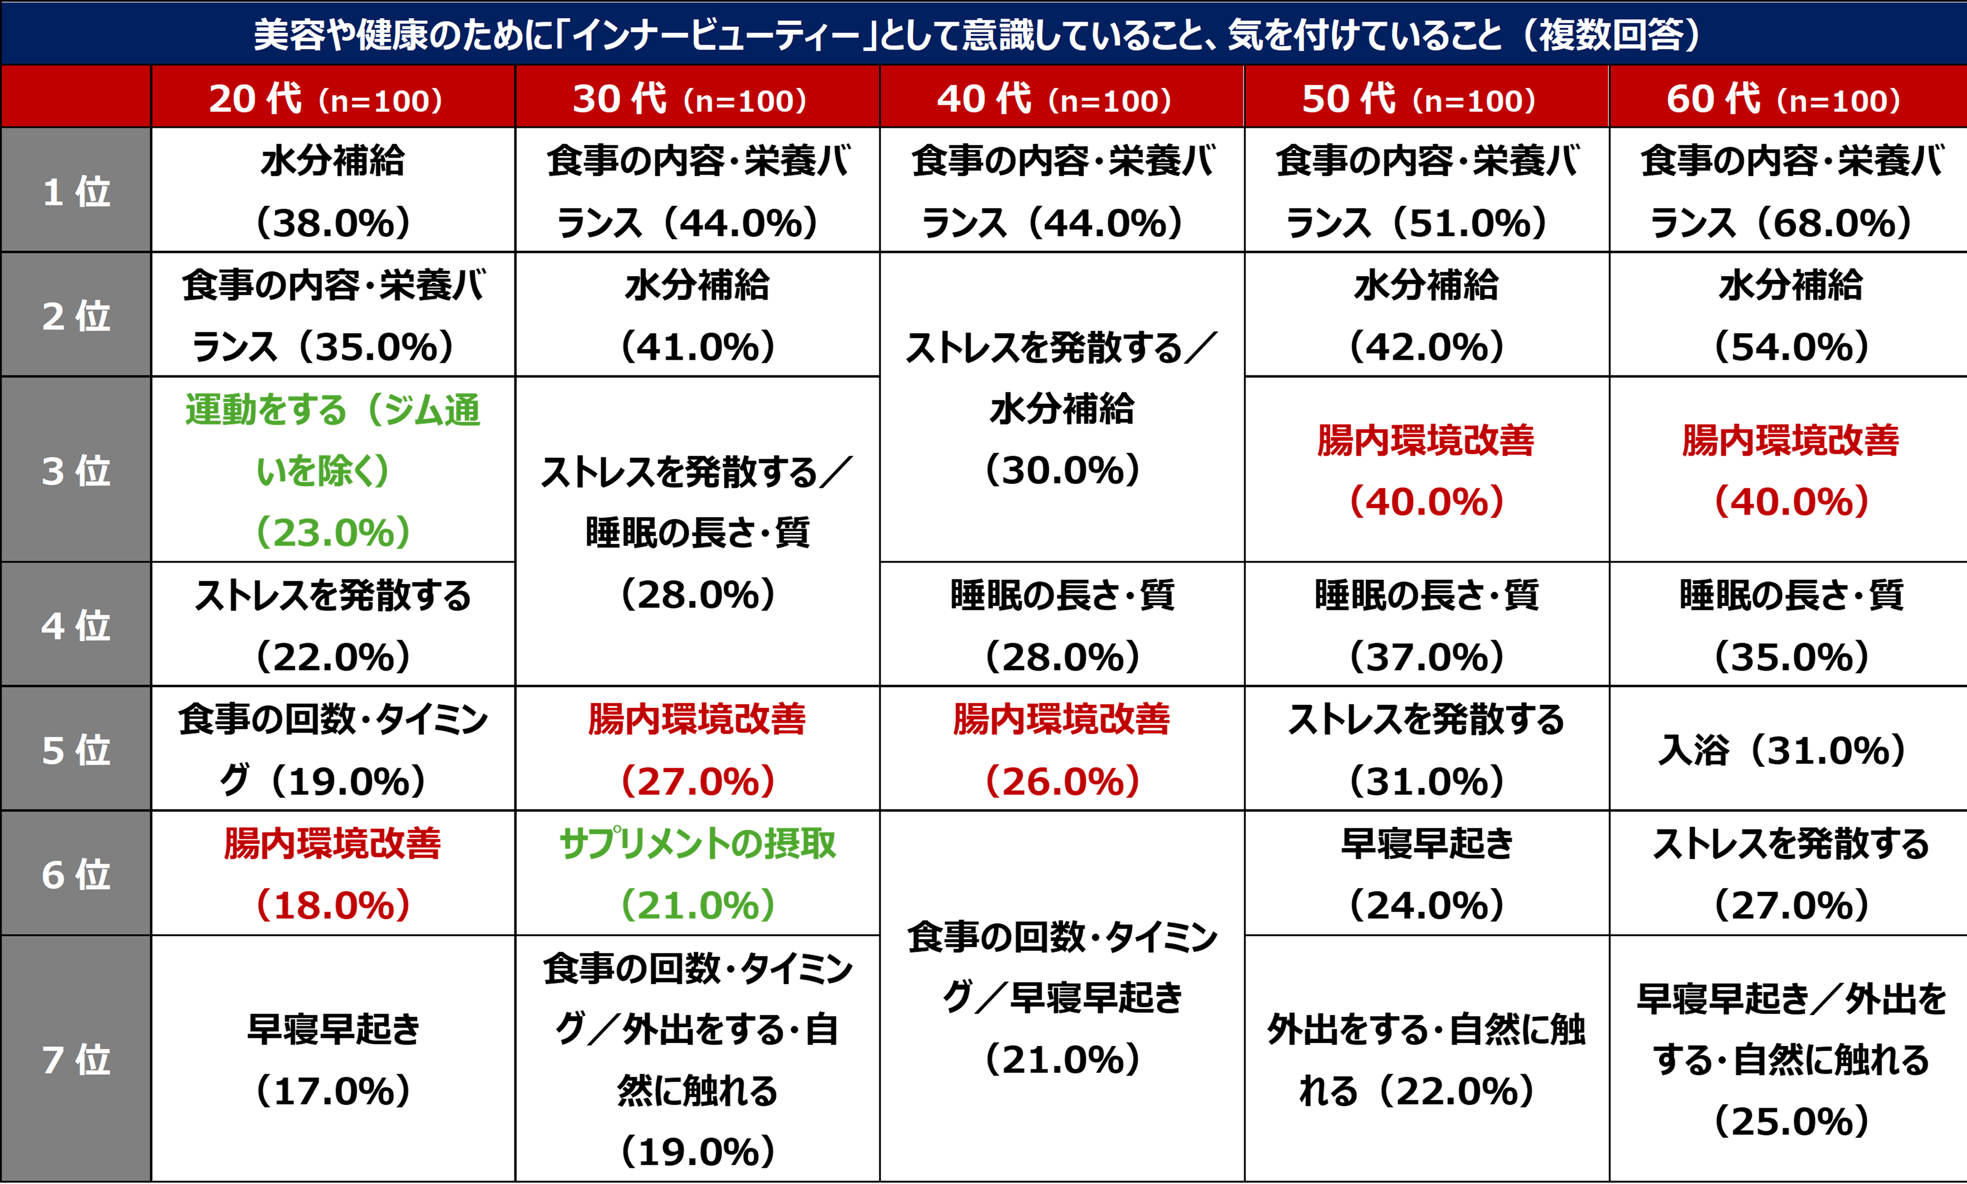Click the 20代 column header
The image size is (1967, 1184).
[x=326, y=99]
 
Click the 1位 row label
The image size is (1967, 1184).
[x=76, y=192]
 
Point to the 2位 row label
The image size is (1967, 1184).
[x=76, y=316]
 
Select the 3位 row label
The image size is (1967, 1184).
[x=76, y=471]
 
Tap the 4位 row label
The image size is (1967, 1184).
[x=76, y=625]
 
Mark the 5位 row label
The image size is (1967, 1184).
[x=76, y=750]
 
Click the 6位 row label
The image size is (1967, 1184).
[x=76, y=874]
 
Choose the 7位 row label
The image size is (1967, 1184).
[x=76, y=1059]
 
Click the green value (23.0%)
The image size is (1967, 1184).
[x=333, y=532]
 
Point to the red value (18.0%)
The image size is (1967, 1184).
[x=333, y=905]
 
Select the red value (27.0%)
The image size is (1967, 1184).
[x=698, y=780]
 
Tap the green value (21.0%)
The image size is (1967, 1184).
[x=698, y=905]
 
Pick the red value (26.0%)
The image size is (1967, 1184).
[x=1063, y=780]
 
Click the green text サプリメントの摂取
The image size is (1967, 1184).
[x=698, y=843]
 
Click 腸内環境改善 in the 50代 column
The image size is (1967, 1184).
[x=1426, y=440]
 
